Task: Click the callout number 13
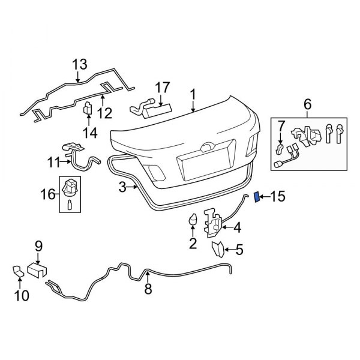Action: pos(79,64)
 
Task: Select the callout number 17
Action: pos(163,87)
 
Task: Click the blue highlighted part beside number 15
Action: pos(258,197)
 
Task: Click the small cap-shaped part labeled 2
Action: pos(194,220)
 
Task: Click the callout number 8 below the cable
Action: pos(148,290)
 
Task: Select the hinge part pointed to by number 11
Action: pos(75,153)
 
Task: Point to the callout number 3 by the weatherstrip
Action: pos(122,188)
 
